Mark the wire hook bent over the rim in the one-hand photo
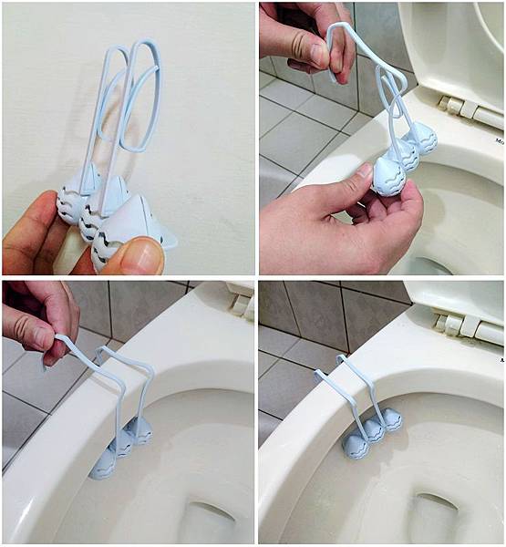click(x=128, y=374)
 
